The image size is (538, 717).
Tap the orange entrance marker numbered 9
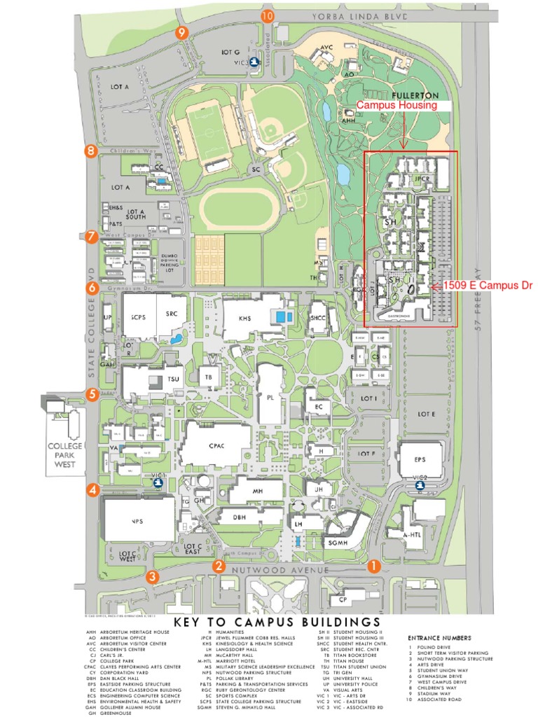point(183,32)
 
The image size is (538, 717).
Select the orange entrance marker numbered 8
point(90,151)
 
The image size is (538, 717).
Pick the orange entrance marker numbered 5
point(92,395)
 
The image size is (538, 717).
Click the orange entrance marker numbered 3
point(151,576)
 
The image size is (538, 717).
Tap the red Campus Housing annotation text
point(397,105)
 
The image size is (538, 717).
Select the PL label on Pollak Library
point(271,396)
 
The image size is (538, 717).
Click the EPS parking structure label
point(420,459)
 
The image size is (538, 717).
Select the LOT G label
point(230,52)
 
